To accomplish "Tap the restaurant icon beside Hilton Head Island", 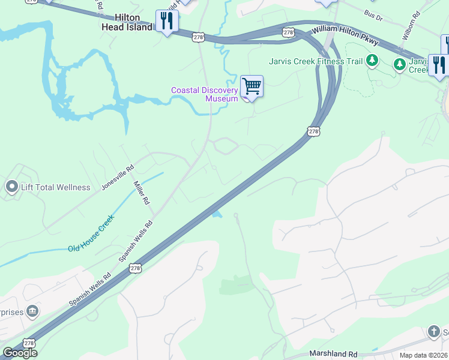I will (166, 22).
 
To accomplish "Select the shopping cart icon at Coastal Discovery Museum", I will (252, 86).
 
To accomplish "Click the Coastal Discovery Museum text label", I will (205, 94).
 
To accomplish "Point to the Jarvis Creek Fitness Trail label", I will (315, 61).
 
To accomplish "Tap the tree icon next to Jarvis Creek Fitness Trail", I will (372, 60).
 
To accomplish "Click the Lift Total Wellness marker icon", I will (11, 187).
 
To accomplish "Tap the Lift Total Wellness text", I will (56, 187).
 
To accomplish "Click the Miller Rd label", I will (140, 193).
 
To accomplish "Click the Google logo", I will (19, 353).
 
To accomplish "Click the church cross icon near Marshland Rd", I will (434, 332).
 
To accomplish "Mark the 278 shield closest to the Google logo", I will (30, 342).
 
